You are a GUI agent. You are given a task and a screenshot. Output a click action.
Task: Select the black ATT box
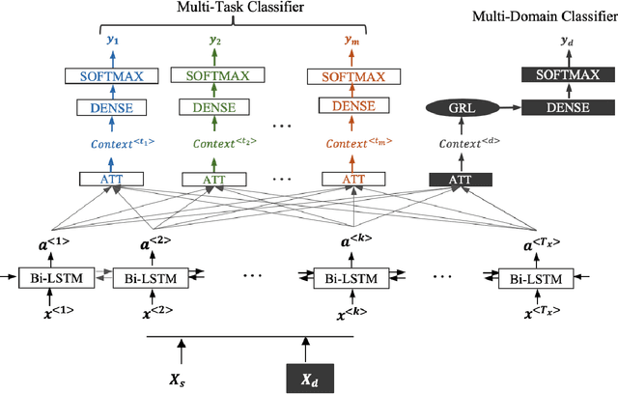461,179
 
